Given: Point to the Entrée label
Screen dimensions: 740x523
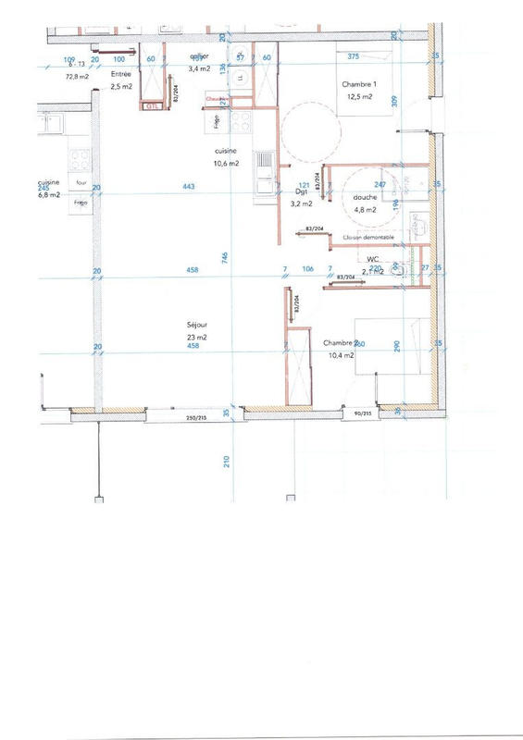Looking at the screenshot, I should tap(120, 73).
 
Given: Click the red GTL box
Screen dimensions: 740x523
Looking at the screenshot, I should tap(153, 106).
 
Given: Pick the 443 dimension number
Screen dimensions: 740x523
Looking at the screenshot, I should tap(189, 187).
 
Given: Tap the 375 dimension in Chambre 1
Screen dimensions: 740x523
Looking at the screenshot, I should tap(352, 57).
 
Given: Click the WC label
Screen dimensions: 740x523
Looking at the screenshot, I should tap(373, 260).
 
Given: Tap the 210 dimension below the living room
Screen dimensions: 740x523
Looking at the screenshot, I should tap(226, 460).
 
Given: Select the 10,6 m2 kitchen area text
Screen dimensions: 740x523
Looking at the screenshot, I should tap(226, 163).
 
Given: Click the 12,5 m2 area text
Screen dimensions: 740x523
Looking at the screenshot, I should tap(359, 96).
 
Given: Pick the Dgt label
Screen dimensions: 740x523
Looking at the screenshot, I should tap(301, 192).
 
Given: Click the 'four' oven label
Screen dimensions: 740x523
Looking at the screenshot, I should tap(81, 183).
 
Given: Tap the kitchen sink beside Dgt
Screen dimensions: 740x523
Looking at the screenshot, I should tap(265, 169).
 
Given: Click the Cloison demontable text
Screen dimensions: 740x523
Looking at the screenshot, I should tap(367, 238).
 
